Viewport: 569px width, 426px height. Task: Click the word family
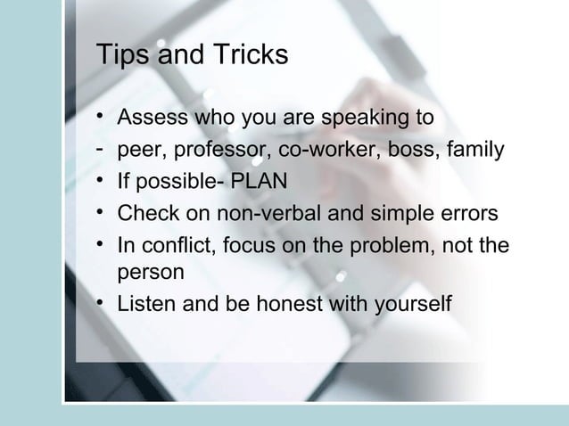(476, 149)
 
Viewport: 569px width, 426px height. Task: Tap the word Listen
(147, 304)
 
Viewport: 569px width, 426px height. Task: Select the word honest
(295, 304)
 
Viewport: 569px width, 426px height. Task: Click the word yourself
(410, 304)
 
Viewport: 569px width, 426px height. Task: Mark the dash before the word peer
(103, 147)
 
